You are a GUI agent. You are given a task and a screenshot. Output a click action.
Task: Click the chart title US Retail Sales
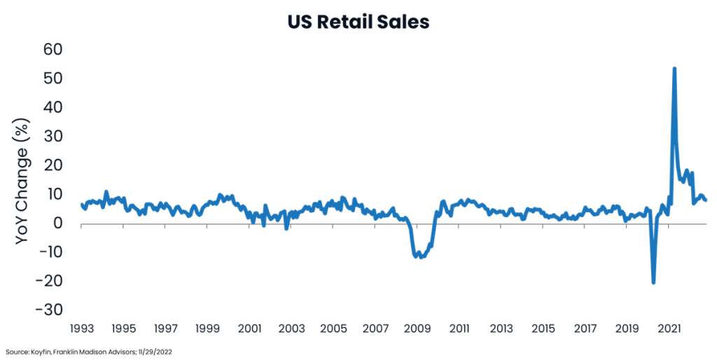(x=358, y=22)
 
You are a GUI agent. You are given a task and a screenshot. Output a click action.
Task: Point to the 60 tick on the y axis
(x=53, y=50)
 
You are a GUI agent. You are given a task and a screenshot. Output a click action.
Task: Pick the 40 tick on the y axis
(x=53, y=108)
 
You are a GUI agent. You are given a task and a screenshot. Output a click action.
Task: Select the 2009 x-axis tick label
(x=417, y=328)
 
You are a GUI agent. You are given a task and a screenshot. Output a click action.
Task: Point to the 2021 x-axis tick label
(x=670, y=328)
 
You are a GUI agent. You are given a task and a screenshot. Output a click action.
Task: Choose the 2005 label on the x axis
(x=333, y=328)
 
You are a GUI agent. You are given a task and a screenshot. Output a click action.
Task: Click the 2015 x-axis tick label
(x=543, y=328)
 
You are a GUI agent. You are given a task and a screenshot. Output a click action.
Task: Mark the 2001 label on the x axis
(x=249, y=328)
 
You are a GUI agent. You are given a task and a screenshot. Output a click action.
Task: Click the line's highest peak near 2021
(x=674, y=69)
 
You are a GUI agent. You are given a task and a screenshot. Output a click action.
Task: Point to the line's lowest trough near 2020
(x=653, y=282)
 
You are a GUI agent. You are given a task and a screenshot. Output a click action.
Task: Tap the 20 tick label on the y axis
(x=53, y=165)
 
